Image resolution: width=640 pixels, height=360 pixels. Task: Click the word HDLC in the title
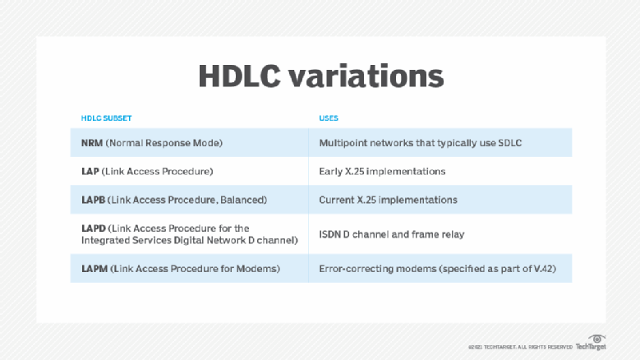click(240, 76)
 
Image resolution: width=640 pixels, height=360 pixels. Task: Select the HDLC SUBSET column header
click(106, 118)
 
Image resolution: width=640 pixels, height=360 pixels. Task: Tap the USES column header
click(329, 118)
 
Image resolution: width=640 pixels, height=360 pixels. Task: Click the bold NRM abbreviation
click(92, 143)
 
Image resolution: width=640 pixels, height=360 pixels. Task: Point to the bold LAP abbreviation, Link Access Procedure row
click(90, 172)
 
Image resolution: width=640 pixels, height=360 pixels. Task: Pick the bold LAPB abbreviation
click(93, 200)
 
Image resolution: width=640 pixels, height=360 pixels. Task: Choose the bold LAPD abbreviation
click(94, 228)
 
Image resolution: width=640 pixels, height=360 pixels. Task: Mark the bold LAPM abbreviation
click(94, 269)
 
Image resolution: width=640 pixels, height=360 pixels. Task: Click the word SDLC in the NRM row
click(510, 143)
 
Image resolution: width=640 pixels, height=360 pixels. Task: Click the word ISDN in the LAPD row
click(329, 235)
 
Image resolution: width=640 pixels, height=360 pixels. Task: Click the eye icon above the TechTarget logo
click(596, 339)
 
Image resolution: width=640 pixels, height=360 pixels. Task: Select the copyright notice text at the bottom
click(520, 348)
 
